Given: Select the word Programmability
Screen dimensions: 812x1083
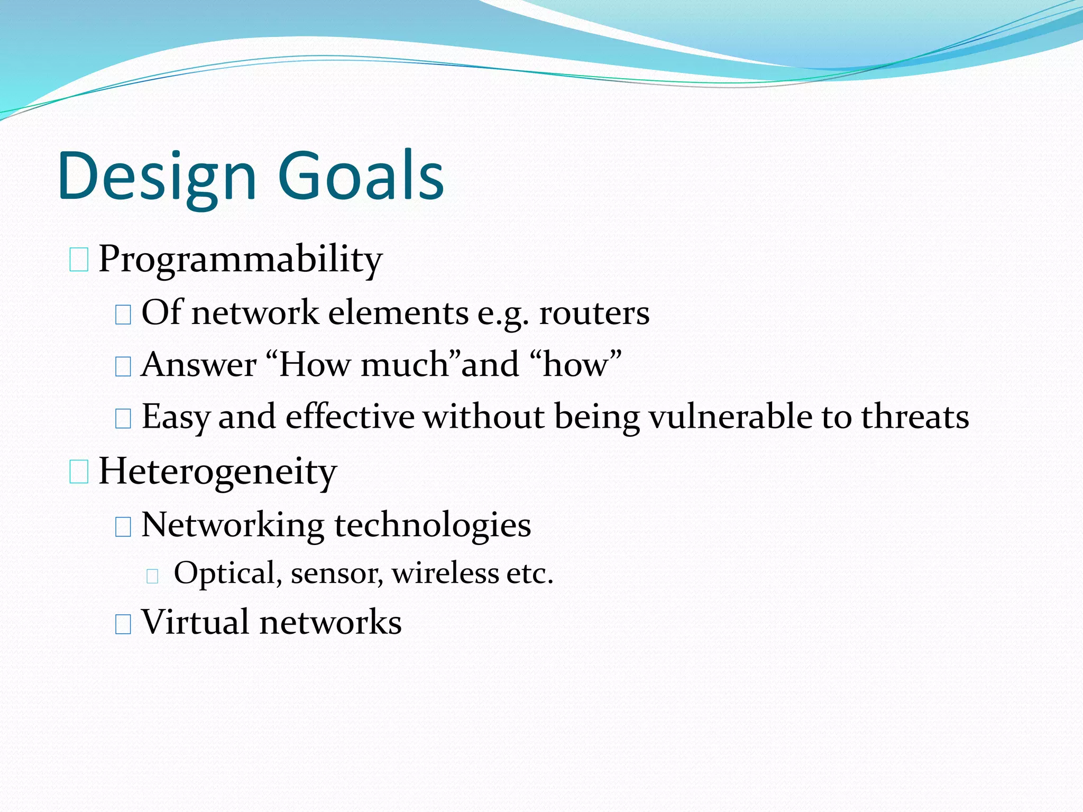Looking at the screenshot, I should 240,260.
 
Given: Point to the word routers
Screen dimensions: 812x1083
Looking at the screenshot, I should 594,313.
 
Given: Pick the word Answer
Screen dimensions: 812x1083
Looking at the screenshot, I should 199,365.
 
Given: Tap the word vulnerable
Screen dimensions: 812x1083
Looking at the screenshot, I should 730,417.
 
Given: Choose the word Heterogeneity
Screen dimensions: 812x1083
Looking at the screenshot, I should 217,471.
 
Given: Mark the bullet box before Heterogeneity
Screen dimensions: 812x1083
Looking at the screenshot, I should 79,472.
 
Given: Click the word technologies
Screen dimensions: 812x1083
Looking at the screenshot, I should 432,525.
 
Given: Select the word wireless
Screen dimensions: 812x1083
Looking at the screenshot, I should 445,573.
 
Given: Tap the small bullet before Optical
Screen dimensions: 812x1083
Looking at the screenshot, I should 153,576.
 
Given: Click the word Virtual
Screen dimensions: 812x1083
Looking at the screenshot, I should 195,622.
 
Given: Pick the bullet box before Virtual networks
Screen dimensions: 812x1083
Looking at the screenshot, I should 123,624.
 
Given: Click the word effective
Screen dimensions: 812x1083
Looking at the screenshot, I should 350,417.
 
